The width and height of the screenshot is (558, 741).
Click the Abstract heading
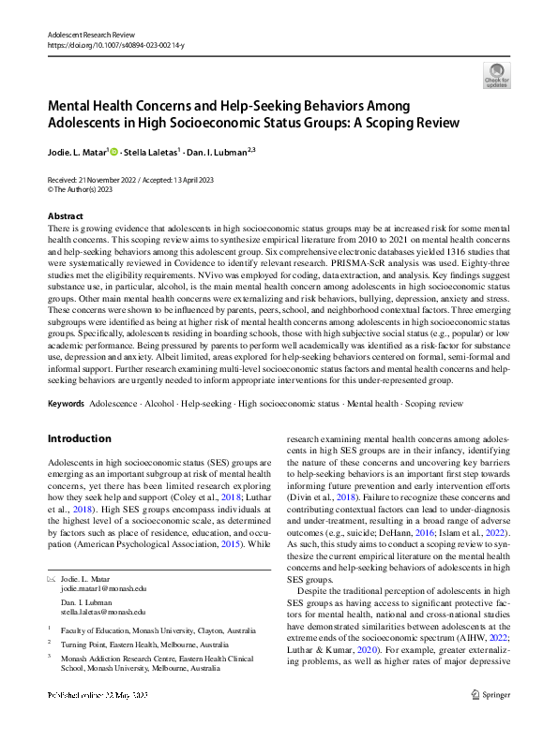coord(65,215)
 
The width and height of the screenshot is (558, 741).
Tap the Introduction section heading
coord(79,437)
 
